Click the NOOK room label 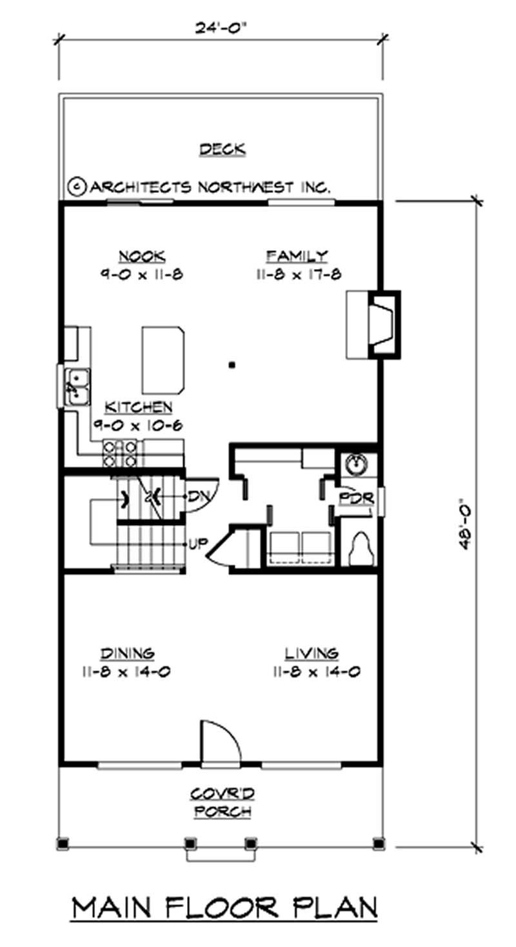pyautogui.click(x=141, y=256)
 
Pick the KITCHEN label pyautogui.click(x=139, y=408)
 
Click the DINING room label pyautogui.click(x=127, y=652)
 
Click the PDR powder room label pyautogui.click(x=353, y=499)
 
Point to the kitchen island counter pyautogui.click(x=163, y=359)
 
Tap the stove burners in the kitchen pyautogui.click(x=120, y=453)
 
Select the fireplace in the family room pyautogui.click(x=380, y=324)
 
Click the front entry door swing pyautogui.click(x=219, y=742)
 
